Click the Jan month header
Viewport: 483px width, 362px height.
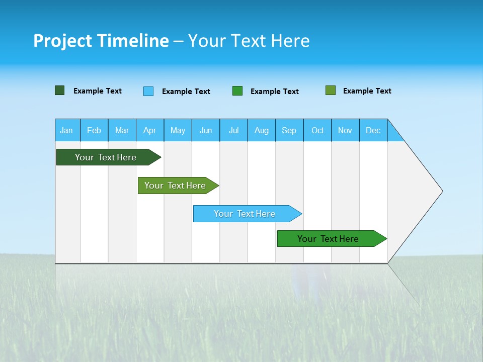pyautogui.click(x=66, y=130)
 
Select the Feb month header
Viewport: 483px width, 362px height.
pyautogui.click(x=94, y=130)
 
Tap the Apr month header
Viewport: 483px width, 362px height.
pyautogui.click(x=149, y=130)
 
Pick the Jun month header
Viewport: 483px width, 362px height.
pyautogui.click(x=206, y=130)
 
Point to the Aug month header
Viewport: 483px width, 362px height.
pyautogui.click(x=262, y=130)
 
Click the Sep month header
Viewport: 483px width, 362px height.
pyautogui.click(x=289, y=130)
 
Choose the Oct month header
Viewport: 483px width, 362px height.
pyautogui.click(x=317, y=130)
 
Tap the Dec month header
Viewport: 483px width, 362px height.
pyautogui.click(x=373, y=130)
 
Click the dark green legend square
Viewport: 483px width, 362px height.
pyautogui.click(x=59, y=90)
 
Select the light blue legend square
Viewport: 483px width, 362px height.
pyautogui.click(x=148, y=91)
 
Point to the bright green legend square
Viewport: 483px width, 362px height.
pyautogui.click(x=237, y=90)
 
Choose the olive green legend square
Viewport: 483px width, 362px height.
pyautogui.click(x=330, y=90)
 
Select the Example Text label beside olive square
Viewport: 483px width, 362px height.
pyautogui.click(x=367, y=91)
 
